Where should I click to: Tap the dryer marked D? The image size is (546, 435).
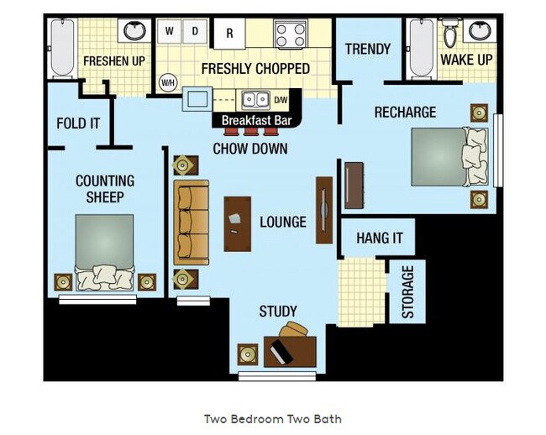[194, 32]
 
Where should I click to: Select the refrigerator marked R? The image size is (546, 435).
[229, 34]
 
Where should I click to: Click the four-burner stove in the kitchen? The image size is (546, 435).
[291, 34]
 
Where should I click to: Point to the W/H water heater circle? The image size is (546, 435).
[168, 82]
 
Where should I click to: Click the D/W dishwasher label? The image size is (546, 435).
[281, 101]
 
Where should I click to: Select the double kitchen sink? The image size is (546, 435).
[251, 101]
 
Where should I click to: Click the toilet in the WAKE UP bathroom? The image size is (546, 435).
[450, 34]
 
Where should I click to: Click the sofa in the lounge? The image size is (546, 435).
[192, 222]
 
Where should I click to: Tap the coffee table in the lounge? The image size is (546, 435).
[237, 223]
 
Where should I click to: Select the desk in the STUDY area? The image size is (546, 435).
[290, 349]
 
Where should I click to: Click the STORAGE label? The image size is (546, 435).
[408, 292]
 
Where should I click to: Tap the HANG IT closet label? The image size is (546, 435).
[379, 238]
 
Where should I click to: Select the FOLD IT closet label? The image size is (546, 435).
[78, 123]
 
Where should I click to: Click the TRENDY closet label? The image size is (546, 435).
[368, 49]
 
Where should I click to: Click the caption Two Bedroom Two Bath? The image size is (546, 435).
[273, 418]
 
